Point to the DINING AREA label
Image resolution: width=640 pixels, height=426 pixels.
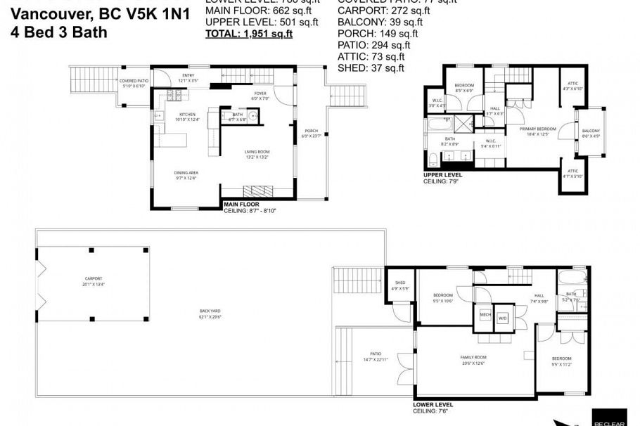click(186, 175)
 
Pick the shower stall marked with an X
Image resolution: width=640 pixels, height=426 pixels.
click(463, 123)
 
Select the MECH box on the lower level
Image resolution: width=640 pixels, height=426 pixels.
click(485, 315)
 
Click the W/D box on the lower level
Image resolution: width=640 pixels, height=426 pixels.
click(502, 318)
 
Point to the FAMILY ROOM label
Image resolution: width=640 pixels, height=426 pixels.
click(473, 359)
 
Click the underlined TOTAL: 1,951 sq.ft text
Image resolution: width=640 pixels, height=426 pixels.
click(248, 33)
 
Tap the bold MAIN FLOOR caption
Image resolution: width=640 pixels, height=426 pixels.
click(241, 205)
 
